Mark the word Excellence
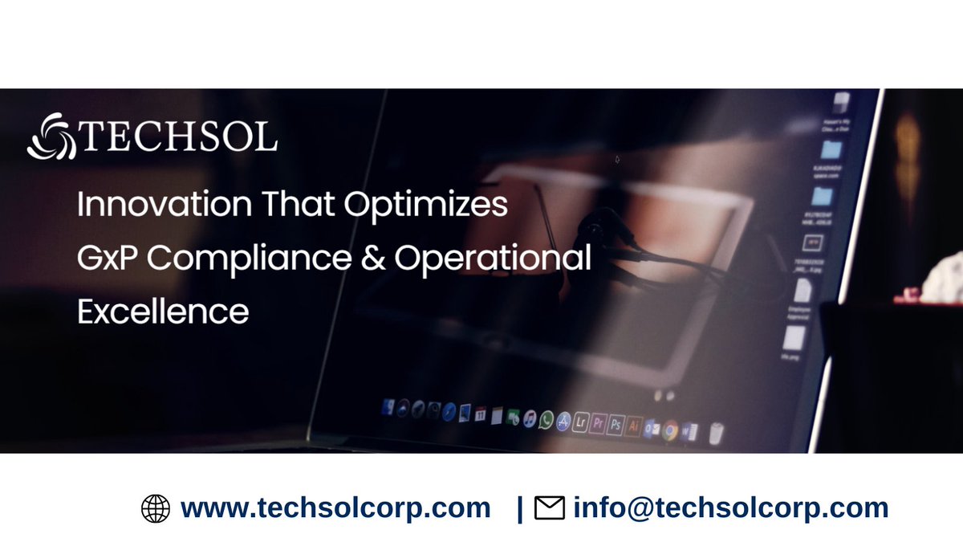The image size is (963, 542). (163, 311)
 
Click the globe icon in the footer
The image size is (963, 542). (156, 508)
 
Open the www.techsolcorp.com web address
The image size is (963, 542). (335, 508)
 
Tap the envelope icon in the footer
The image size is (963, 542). (550, 508)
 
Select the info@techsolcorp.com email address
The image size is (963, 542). (730, 508)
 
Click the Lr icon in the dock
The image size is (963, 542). (580, 424)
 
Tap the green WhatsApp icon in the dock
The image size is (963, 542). (547, 420)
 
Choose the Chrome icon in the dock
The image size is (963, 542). (670, 430)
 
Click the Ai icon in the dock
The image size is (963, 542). (634, 426)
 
